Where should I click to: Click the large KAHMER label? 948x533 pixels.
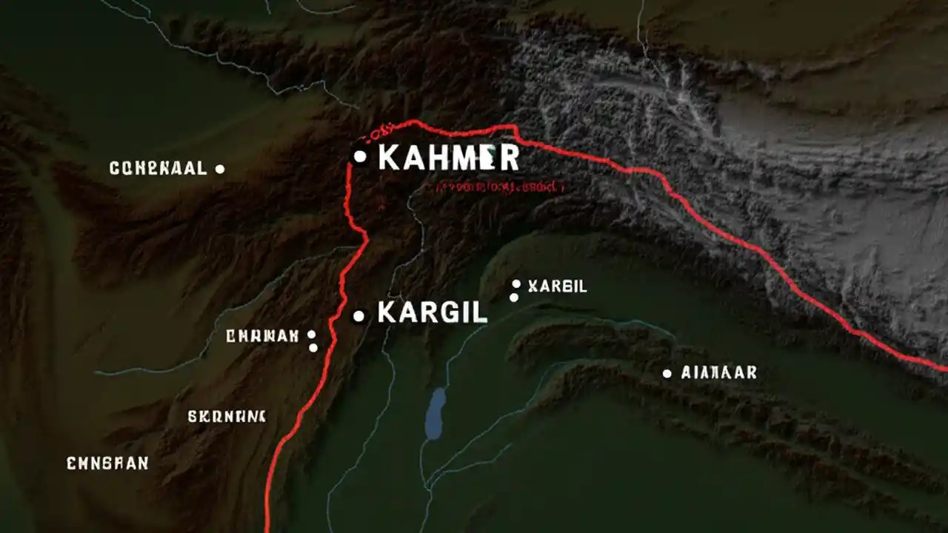pos(448,158)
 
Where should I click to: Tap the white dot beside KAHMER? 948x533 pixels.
pos(360,156)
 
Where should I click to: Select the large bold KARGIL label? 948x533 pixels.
pos(432,313)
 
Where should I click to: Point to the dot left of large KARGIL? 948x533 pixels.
pos(358,316)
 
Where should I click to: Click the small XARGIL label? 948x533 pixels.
pos(557,286)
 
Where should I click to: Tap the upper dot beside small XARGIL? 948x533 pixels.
pos(516,284)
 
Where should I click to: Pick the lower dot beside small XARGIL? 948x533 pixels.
pos(514,298)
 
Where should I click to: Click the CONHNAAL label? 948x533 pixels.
pos(158,169)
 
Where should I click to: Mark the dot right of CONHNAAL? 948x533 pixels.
pos(219,169)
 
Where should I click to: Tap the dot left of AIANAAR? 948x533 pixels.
pos(667,374)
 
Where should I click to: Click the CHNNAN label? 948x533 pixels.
pos(261,336)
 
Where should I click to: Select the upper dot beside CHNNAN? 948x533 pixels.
pos(312,335)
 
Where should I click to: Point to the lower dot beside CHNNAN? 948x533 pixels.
pos(313,347)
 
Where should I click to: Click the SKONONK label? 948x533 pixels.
pos(227,416)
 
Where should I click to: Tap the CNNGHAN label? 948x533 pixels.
pos(107,463)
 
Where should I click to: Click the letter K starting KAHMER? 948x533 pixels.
pos(389,158)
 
